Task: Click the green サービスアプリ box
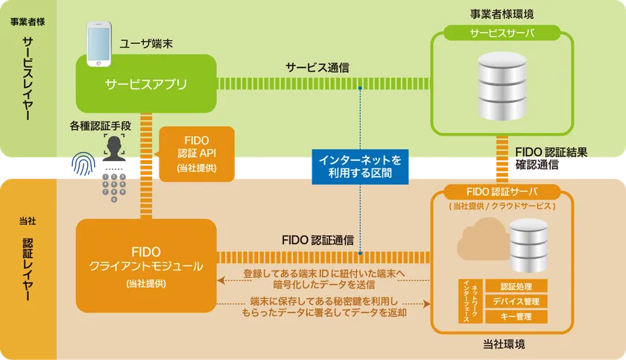click(x=146, y=83)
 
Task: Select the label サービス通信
click(x=319, y=67)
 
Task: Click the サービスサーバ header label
click(x=502, y=34)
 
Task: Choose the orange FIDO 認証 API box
click(x=197, y=154)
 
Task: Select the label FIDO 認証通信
click(x=318, y=240)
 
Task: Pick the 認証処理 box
click(x=516, y=286)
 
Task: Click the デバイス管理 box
click(x=516, y=302)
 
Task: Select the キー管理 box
click(x=516, y=318)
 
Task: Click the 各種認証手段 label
click(x=101, y=126)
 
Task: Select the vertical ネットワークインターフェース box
click(x=467, y=301)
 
